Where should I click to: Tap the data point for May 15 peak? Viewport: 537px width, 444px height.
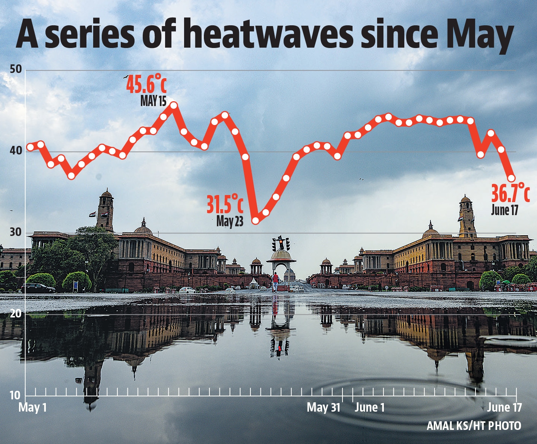(173, 106)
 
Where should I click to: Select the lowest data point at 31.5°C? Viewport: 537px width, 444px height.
(255, 220)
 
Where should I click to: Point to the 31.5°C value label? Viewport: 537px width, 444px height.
(225, 204)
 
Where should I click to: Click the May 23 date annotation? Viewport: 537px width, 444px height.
(230, 221)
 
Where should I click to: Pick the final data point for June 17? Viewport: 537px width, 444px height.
(511, 178)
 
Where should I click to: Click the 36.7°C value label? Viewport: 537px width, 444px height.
(510, 193)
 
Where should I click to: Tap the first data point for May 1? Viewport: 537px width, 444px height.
(31, 147)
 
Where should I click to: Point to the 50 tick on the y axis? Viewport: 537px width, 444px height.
(16, 70)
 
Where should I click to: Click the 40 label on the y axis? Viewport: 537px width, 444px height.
(16, 151)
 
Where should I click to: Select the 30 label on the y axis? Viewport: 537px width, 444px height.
(16, 232)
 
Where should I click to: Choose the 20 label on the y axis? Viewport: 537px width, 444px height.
(16, 314)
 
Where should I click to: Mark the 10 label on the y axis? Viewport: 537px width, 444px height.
(15, 395)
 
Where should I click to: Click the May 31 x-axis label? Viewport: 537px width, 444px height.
(323, 408)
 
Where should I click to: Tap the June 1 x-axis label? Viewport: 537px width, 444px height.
(369, 408)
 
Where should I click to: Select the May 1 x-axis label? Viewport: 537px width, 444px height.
(33, 408)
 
